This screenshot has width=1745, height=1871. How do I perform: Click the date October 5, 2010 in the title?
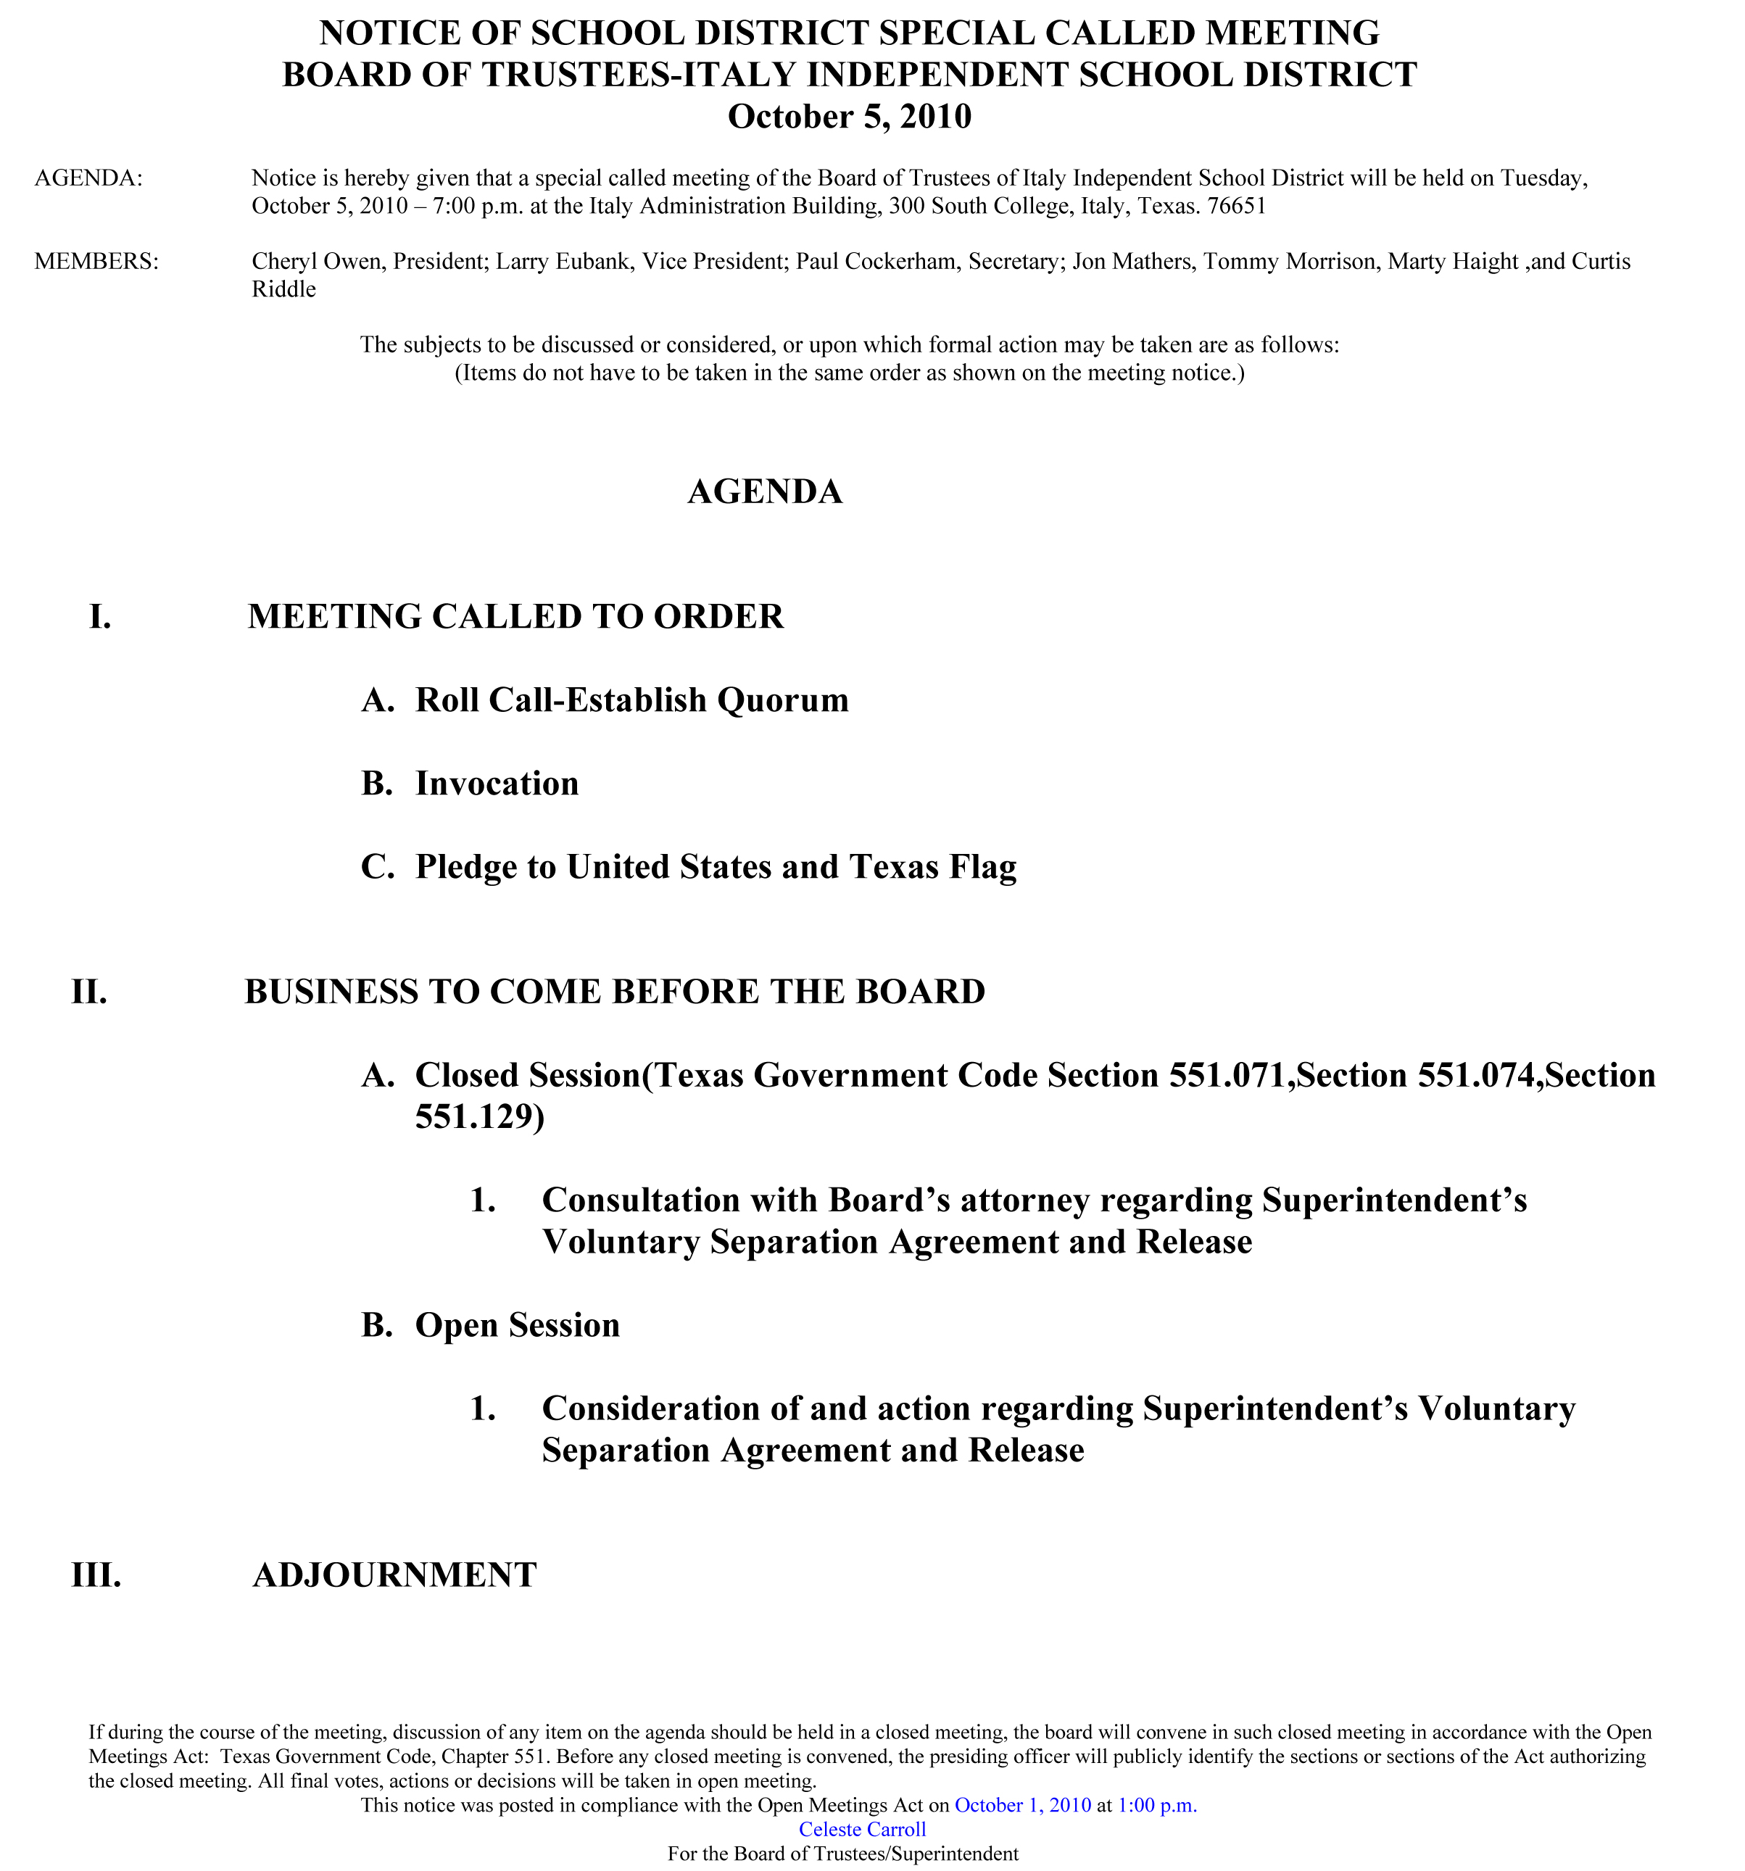click(x=849, y=117)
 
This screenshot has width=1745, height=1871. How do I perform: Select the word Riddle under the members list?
click(x=283, y=290)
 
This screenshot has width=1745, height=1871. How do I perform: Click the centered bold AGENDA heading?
click(x=764, y=492)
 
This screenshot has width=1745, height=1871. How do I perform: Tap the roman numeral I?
click(x=100, y=618)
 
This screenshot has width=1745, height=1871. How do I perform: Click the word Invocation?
click(x=497, y=784)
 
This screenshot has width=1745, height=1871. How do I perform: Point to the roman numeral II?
click(x=89, y=992)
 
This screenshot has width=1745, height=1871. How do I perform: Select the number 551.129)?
click(x=479, y=1117)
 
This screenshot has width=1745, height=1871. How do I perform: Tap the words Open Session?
click(x=518, y=1325)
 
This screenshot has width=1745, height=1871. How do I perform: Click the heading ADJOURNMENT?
click(x=394, y=1575)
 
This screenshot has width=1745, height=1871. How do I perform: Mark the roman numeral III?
click(x=96, y=1575)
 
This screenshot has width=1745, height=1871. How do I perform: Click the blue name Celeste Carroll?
click(x=862, y=1830)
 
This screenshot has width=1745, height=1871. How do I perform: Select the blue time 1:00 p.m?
click(x=1157, y=1805)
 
